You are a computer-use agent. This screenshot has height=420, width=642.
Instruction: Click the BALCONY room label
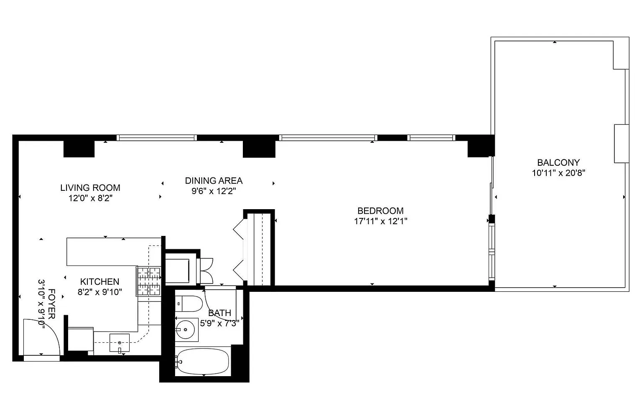(558, 163)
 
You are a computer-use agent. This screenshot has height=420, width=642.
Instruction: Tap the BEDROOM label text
(380, 211)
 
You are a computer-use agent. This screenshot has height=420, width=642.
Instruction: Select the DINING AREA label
(214, 181)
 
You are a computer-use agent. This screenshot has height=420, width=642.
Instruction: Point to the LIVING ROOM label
(90, 188)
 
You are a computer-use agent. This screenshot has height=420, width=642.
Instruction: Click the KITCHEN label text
(99, 282)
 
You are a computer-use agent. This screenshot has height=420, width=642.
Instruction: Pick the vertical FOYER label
(52, 304)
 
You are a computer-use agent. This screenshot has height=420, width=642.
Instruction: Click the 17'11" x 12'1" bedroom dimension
(381, 221)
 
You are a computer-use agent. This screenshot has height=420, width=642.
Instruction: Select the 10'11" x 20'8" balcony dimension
(558, 173)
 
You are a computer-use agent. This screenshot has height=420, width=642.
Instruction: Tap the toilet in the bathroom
(189, 304)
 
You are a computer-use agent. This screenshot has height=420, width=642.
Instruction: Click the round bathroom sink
(186, 329)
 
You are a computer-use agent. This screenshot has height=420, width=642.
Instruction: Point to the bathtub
(203, 361)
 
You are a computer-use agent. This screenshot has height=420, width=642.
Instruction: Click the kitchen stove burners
(149, 281)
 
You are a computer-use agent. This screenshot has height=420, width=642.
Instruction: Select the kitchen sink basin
(120, 343)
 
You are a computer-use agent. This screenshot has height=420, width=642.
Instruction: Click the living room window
(156, 138)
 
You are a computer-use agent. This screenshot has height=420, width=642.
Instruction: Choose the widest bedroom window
(328, 138)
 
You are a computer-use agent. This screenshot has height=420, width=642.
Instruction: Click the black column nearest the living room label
(79, 149)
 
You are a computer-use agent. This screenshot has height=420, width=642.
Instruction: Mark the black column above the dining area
(259, 149)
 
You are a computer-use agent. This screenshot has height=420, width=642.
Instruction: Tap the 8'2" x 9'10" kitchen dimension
(100, 292)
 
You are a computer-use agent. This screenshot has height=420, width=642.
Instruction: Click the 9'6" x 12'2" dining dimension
(214, 191)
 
